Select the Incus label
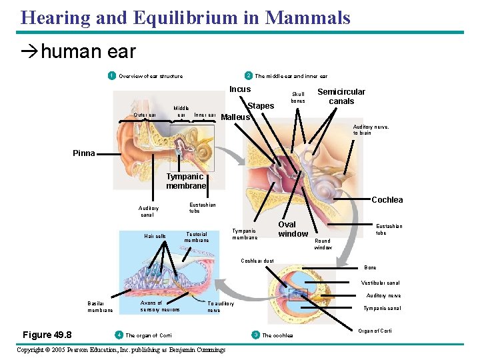point(240,89)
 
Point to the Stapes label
point(261,106)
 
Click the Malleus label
point(235,117)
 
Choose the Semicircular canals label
point(341,96)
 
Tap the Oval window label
point(293,229)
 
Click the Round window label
point(323,244)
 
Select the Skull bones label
point(297,97)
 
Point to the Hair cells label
point(155,237)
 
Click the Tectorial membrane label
point(197,237)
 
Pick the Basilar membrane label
point(100,306)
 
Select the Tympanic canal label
point(382,308)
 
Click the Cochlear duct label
point(257,261)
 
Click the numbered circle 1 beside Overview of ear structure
point(112,75)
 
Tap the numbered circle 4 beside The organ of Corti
point(118,335)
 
